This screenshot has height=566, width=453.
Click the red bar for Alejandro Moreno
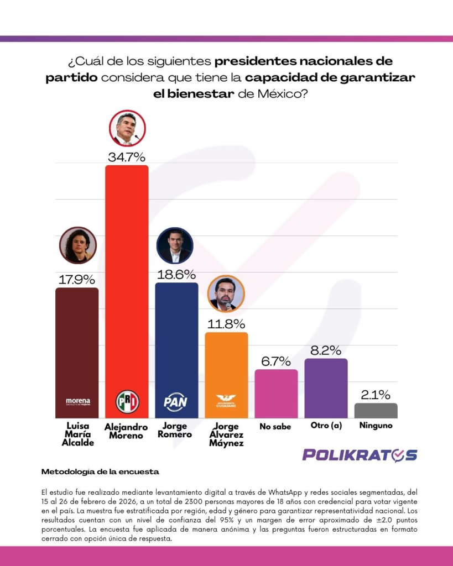pos(127,276)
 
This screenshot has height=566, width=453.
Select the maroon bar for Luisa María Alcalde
pos(77,343)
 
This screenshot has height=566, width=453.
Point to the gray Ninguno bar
pos(376,410)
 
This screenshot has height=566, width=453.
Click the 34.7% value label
pos(127,156)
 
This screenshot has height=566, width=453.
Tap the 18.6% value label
pos(176,274)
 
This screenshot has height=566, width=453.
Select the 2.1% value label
pos(376,395)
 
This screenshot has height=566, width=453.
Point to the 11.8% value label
pos(226,324)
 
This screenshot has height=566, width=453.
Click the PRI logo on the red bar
pos(127,401)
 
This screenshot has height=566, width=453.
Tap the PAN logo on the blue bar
pos(176,402)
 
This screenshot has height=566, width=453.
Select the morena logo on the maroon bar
pos(77,401)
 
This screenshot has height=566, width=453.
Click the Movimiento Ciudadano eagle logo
pos(226,400)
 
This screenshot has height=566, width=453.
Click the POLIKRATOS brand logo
pos(360,455)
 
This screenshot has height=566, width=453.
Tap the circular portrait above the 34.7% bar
pos(127,128)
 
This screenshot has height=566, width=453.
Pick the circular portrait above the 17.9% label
pos(77,245)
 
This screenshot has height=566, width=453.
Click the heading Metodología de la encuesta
pos(100,472)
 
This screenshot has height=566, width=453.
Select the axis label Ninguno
pos(376,426)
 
